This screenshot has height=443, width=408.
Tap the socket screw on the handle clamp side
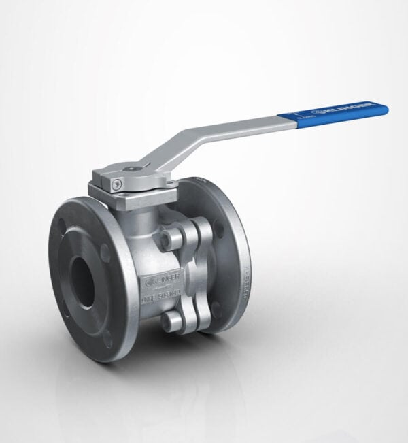pyautogui.click(x=118, y=183)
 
